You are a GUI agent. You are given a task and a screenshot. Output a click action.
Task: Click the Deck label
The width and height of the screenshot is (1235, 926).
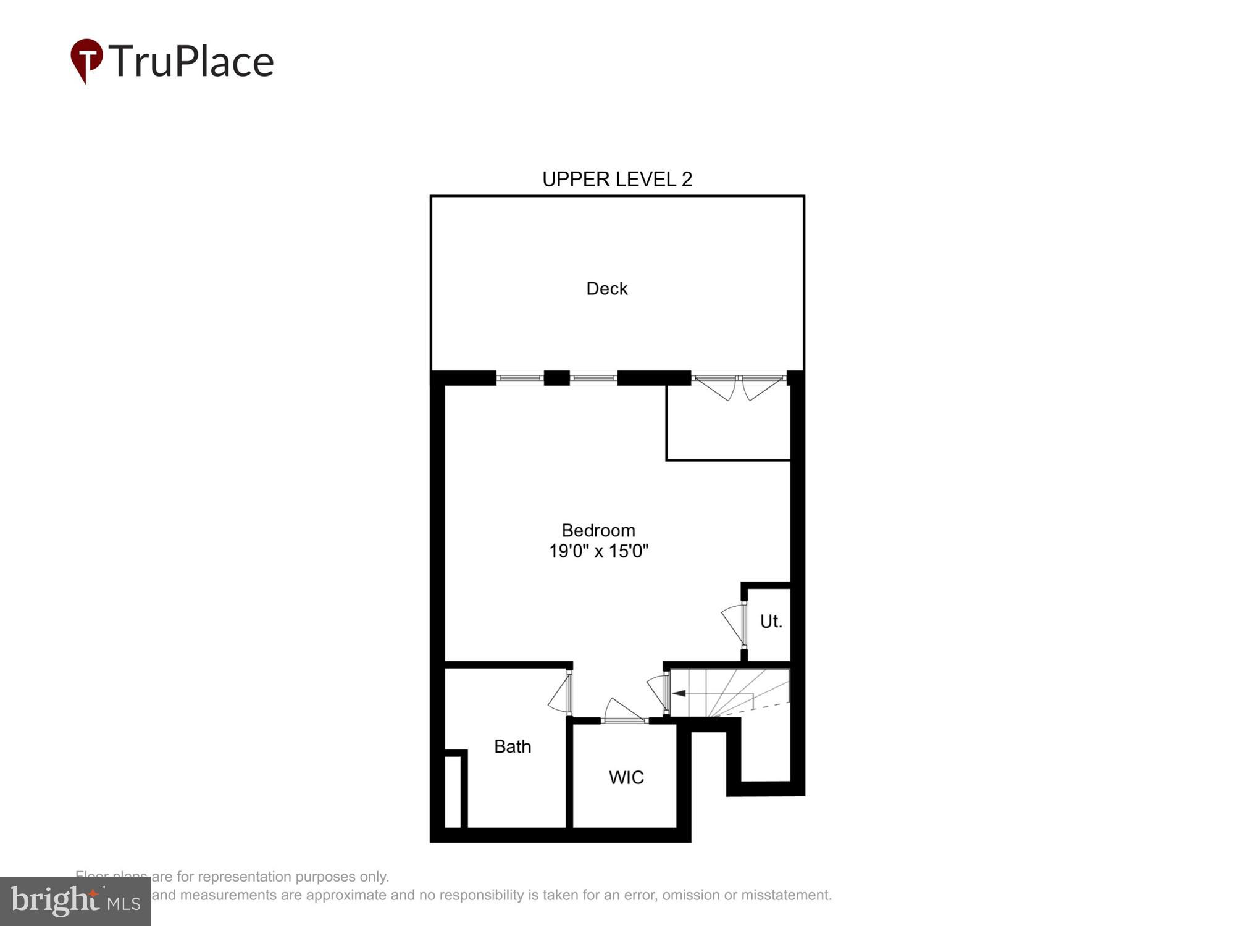pyautogui.click(x=606, y=288)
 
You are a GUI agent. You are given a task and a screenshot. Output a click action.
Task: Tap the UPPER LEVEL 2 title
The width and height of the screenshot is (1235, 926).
pyautogui.click(x=617, y=179)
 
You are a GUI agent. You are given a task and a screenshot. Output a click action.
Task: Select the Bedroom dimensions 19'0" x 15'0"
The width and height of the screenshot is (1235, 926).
pyautogui.click(x=598, y=551)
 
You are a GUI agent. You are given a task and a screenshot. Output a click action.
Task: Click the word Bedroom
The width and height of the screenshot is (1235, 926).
pyautogui.click(x=598, y=530)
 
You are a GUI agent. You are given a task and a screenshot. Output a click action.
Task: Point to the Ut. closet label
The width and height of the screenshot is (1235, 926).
pyautogui.click(x=771, y=621)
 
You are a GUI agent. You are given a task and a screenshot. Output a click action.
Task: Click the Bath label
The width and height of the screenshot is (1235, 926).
pyautogui.click(x=513, y=746)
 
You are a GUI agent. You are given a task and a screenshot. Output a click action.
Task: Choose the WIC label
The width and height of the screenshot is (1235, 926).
pyautogui.click(x=626, y=777)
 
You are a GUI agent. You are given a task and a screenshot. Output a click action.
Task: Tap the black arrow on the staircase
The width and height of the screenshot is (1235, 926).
pyautogui.click(x=679, y=693)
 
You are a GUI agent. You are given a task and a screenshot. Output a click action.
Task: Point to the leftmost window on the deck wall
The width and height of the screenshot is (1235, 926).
pyautogui.click(x=519, y=378)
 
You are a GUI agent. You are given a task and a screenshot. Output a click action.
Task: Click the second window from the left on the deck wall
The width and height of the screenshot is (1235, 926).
pyautogui.click(x=593, y=378)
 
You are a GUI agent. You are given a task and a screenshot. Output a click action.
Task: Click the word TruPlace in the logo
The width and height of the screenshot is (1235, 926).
pyautogui.click(x=191, y=61)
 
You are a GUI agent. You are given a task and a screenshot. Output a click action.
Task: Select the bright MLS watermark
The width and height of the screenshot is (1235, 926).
pyautogui.click(x=75, y=902)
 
